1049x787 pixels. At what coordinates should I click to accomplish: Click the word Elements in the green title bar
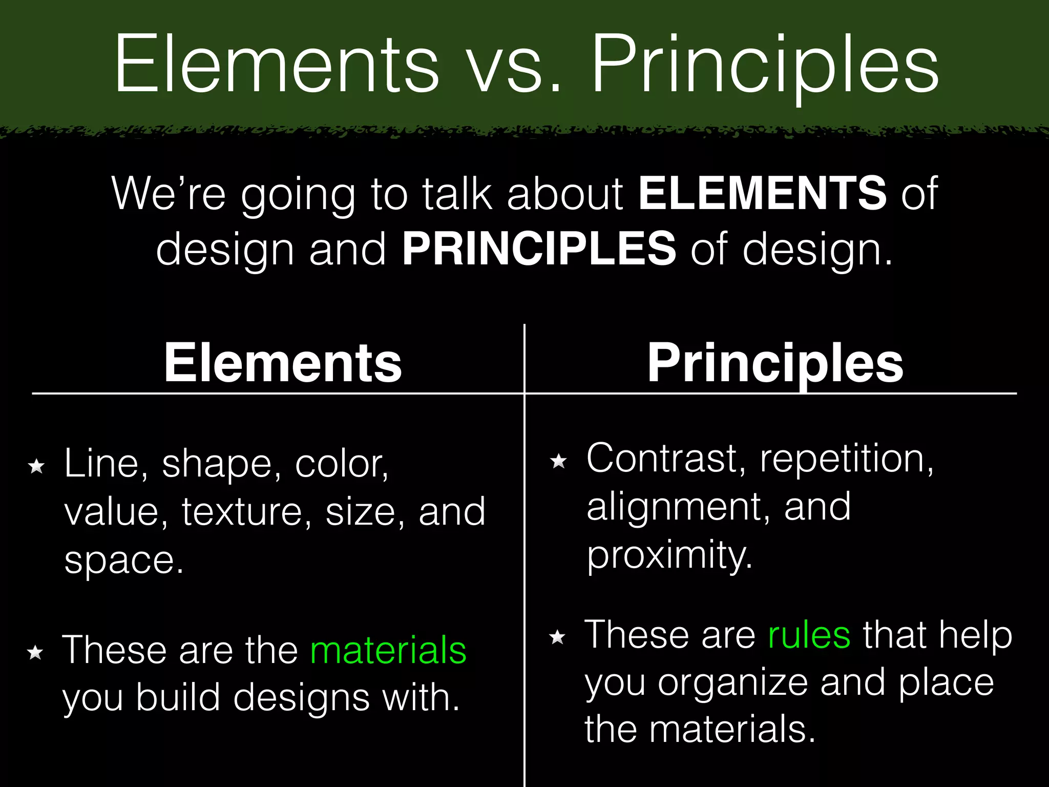click(x=277, y=64)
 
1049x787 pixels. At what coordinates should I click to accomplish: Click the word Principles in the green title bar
click(x=766, y=64)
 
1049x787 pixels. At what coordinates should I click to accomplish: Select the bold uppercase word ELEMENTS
click(x=762, y=193)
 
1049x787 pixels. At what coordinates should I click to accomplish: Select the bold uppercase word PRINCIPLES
click(x=539, y=248)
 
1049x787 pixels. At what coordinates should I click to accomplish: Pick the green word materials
click(x=389, y=650)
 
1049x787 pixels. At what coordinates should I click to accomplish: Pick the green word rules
click(x=809, y=635)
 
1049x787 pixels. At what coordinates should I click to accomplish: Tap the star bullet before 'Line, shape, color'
click(x=37, y=466)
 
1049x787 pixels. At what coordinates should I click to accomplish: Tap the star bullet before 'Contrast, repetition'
click(x=558, y=461)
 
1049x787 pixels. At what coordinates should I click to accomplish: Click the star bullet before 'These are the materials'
click(x=35, y=652)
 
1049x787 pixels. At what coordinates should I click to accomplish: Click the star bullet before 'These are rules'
click(x=557, y=637)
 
